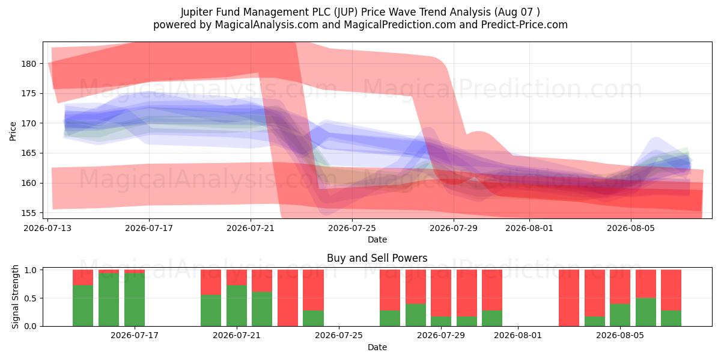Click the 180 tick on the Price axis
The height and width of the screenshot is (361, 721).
tap(29, 64)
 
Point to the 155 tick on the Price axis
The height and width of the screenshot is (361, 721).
tap(29, 213)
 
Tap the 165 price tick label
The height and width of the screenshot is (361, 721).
tap(29, 153)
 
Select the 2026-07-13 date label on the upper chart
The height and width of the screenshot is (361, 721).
tap(47, 228)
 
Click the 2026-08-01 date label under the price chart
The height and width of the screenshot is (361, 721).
tap(529, 228)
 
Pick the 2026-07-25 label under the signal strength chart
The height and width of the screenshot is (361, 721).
tap(339, 335)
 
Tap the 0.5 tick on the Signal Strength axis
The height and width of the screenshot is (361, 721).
tap(31, 298)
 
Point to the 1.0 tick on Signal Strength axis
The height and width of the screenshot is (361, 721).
tap(31, 270)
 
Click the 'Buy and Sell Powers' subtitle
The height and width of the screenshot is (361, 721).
tap(377, 258)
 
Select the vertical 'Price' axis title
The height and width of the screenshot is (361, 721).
tap(13, 131)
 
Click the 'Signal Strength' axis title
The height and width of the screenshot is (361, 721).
tap(15, 297)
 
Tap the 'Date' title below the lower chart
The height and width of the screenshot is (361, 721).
tap(377, 347)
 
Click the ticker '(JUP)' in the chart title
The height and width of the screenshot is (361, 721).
tap(345, 12)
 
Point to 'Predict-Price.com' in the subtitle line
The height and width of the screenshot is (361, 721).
tap(525, 25)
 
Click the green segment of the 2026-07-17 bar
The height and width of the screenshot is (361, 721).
tap(135, 300)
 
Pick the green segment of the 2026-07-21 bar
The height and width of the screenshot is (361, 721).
tap(237, 306)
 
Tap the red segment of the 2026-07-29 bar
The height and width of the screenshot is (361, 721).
tap(441, 293)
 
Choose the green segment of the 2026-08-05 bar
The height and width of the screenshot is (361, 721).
tap(620, 315)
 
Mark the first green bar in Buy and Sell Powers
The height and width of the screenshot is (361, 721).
tap(83, 306)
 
